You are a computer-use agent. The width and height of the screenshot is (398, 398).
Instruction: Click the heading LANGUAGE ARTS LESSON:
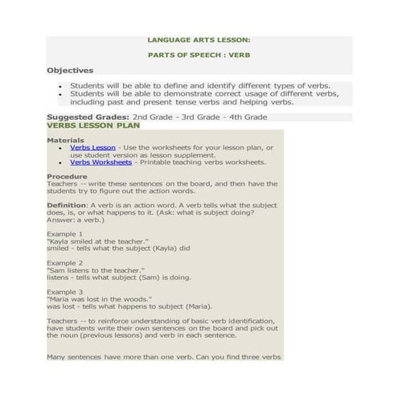click(199, 39)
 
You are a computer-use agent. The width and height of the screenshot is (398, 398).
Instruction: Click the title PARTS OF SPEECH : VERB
click(199, 55)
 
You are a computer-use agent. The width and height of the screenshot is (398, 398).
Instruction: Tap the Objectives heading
click(70, 71)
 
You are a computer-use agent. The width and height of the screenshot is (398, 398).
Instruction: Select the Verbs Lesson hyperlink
click(92, 147)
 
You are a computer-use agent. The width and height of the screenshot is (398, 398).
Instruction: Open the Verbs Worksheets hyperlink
click(101, 162)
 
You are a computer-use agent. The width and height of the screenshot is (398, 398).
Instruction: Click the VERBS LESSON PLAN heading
click(93, 125)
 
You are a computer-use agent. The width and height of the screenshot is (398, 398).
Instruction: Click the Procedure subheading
click(67, 175)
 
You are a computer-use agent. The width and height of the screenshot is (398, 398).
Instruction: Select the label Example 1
click(64, 234)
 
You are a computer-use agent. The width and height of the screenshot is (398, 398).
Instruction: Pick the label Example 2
click(64, 263)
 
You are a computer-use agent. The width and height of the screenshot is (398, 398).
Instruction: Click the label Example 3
click(64, 292)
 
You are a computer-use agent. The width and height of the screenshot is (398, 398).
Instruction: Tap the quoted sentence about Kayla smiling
click(98, 241)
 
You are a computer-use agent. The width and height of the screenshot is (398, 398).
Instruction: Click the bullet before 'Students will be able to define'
click(61, 85)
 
